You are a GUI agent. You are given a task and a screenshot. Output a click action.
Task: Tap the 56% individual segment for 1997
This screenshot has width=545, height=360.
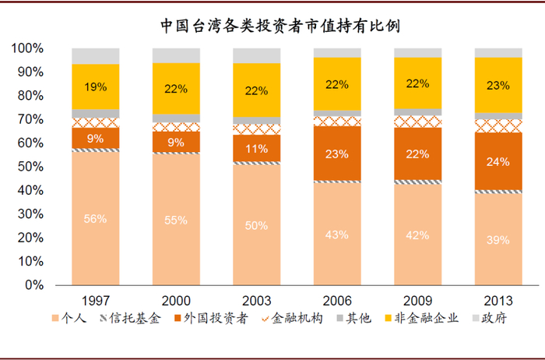95,219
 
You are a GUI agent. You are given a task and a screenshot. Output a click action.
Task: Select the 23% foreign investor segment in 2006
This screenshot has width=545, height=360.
337,154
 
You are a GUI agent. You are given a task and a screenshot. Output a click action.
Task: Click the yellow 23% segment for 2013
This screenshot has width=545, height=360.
498,86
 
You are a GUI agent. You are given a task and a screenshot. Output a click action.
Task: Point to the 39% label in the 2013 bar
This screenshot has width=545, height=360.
498,239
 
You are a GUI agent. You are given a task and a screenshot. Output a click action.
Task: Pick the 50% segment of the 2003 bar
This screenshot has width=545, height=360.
257,225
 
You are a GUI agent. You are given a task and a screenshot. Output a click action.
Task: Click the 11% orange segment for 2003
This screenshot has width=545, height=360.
257,148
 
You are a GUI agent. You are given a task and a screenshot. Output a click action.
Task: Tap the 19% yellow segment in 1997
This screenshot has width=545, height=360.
95,87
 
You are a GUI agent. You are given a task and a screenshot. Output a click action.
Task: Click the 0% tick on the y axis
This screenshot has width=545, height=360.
34,285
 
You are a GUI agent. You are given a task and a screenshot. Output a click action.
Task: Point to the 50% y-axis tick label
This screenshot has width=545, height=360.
31,167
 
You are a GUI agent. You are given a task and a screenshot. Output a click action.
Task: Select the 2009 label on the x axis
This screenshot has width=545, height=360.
417,300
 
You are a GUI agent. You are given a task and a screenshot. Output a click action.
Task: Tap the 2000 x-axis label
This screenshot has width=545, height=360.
176,300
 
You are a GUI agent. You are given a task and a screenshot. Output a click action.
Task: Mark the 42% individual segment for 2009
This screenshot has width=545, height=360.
417,235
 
